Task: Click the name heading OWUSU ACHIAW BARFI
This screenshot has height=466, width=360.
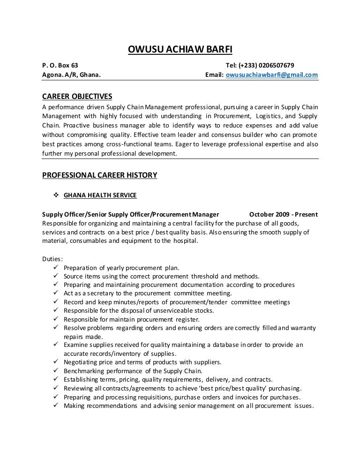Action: (180, 51)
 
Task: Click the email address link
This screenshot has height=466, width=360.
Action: (272, 75)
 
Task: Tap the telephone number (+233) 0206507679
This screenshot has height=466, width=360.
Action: (266, 65)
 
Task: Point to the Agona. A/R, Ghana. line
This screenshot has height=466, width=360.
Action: (71, 75)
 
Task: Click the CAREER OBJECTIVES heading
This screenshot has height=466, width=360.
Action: (77, 97)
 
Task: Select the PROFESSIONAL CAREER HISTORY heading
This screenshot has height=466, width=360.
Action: (99, 175)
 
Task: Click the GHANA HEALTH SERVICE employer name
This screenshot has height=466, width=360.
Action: (100, 195)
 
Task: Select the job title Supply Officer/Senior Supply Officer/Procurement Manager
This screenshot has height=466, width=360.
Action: (130, 215)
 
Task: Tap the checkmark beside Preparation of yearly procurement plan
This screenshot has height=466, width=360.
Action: (55, 268)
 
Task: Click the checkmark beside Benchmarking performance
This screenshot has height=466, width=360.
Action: (55, 370)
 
